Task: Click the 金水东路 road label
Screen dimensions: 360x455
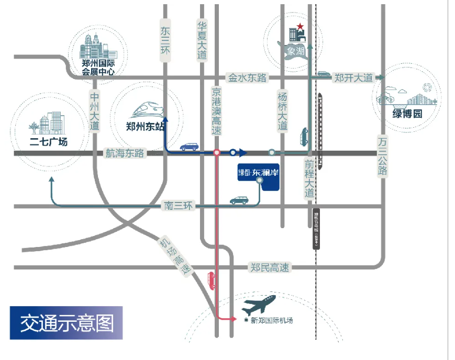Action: tap(247, 78)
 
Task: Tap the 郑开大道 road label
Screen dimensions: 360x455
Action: tap(353, 78)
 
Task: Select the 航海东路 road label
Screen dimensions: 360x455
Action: tap(125, 153)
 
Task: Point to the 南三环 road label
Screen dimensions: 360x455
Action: tap(179, 206)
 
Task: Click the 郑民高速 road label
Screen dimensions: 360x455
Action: tap(270, 267)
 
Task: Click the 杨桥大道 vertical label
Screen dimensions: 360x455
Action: tap(283, 110)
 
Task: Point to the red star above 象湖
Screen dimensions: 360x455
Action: tap(300, 27)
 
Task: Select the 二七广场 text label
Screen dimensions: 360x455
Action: tap(48, 141)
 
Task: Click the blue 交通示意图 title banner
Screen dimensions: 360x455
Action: tap(66, 323)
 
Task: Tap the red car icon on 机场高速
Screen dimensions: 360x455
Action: tap(212, 281)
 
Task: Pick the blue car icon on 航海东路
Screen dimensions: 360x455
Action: tap(189, 147)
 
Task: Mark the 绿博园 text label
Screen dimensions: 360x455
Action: tap(407, 114)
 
